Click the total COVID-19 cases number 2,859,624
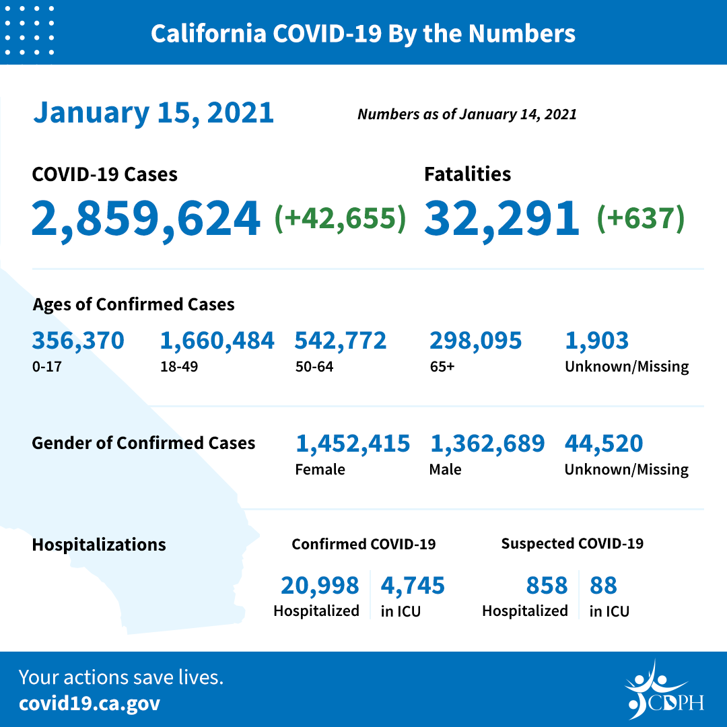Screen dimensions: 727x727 tap(145, 219)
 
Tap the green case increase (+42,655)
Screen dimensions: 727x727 tap(341, 219)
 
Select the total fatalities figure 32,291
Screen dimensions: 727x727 tap(501, 219)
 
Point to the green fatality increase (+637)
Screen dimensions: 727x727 tap(641, 219)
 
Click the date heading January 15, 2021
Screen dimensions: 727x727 tap(153, 112)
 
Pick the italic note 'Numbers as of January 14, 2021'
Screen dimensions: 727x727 tap(466, 114)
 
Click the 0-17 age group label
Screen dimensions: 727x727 tap(44, 367)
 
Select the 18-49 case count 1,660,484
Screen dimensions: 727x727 tap(217, 341)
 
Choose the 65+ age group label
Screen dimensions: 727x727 tap(442, 367)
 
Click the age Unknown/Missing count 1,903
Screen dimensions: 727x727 tap(596, 341)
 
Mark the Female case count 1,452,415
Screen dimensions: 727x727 tap(352, 444)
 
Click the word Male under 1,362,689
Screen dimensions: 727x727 tap(445, 469)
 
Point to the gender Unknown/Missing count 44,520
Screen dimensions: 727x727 tap(603, 444)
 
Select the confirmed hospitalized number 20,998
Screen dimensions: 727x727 tap(320, 586)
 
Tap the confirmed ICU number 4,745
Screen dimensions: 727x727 tap(413, 586)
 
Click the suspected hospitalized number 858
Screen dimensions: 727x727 tap(547, 586)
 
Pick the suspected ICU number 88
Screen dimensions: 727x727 tap(603, 586)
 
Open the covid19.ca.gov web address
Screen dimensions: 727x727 tap(90, 703)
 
